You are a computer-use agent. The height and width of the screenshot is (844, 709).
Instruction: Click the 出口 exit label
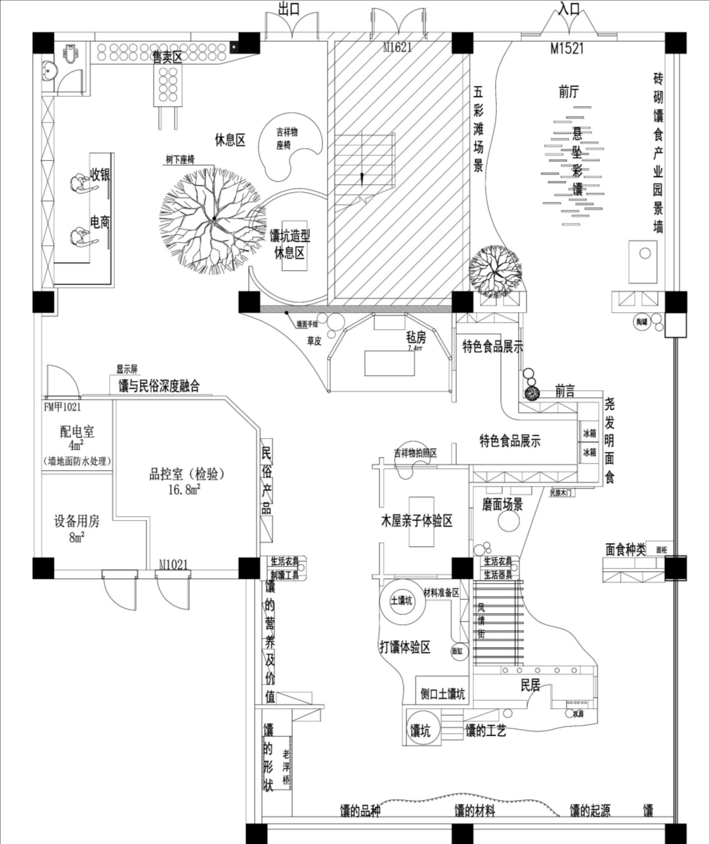pyautogui.click(x=289, y=9)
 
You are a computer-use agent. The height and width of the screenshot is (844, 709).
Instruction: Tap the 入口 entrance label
pyautogui.click(x=570, y=9)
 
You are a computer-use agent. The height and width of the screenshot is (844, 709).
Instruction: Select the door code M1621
pyautogui.click(x=397, y=47)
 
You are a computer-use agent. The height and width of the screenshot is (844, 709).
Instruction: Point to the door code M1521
pyautogui.click(x=567, y=48)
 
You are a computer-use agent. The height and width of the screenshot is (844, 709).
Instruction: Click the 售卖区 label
pyautogui.click(x=167, y=57)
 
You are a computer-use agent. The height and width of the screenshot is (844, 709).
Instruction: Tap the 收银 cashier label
pyautogui.click(x=100, y=175)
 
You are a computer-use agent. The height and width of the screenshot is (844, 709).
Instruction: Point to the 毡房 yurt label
pyautogui.click(x=416, y=337)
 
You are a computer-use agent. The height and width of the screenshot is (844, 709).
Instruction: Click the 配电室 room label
pyautogui.click(x=77, y=432)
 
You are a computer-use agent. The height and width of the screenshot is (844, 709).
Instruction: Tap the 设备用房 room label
pyautogui.click(x=77, y=521)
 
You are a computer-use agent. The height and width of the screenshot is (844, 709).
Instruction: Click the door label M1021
pyautogui.click(x=173, y=564)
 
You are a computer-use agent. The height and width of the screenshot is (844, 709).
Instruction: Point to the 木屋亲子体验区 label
pyautogui.click(x=417, y=521)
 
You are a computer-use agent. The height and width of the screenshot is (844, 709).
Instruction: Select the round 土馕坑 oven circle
pyautogui.click(x=402, y=601)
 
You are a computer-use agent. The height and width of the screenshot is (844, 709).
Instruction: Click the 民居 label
pyautogui.click(x=530, y=686)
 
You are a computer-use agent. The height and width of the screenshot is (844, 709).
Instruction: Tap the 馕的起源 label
pyautogui.click(x=590, y=811)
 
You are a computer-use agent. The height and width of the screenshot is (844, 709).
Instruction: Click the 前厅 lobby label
pyautogui.click(x=569, y=92)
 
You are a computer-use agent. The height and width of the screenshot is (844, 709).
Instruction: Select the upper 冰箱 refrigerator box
pyautogui.click(x=589, y=433)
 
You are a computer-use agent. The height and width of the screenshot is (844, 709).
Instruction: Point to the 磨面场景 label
pyautogui.click(x=502, y=504)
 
